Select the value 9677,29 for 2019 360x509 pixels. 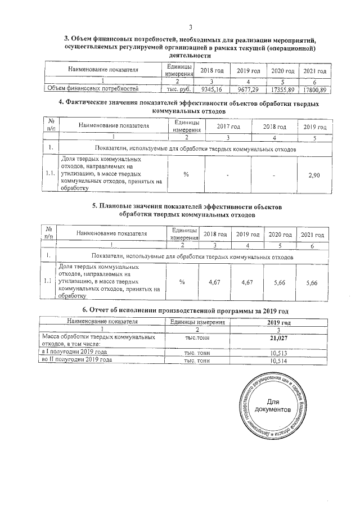[x=247, y=89]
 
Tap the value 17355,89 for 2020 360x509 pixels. [x=283, y=89]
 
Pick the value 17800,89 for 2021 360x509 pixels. [x=315, y=89]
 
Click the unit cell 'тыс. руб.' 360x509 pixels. [x=176, y=89]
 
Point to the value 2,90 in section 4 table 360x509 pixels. [x=314, y=175]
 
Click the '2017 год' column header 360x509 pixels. [x=228, y=127]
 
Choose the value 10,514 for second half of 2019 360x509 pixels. [x=279, y=361]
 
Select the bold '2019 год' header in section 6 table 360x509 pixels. [x=279, y=322]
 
